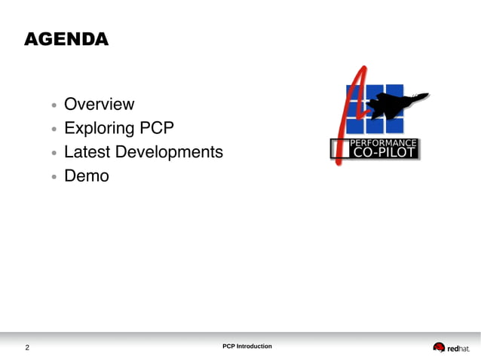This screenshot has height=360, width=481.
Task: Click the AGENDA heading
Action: (x=66, y=39)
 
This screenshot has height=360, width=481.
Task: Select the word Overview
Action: (x=99, y=104)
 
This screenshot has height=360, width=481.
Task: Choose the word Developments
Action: (x=169, y=152)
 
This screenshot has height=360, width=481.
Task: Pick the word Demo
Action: (x=86, y=176)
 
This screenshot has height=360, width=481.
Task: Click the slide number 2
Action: (x=27, y=348)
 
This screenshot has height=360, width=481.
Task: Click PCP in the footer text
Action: (x=229, y=346)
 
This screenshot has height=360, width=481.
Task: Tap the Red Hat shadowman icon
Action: (x=439, y=347)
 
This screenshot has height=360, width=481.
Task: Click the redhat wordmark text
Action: (x=459, y=348)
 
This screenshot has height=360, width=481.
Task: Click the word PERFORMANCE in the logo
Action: (x=384, y=142)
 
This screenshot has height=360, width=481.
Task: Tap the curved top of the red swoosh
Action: (x=363, y=72)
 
